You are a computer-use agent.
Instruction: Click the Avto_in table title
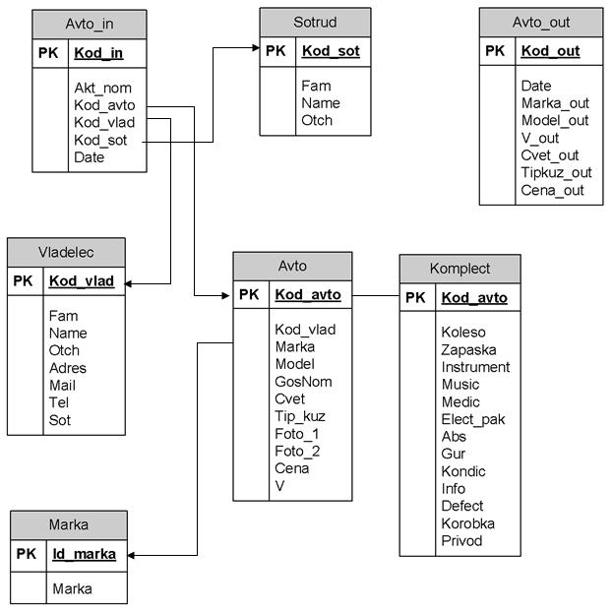[90, 23]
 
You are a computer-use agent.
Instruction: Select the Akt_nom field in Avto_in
[102, 88]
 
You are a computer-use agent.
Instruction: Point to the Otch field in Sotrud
[317, 121]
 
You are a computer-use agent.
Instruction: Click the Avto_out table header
[541, 22]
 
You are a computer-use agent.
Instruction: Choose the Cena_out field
[552, 190]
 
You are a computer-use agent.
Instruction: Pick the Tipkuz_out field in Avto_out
[556, 172]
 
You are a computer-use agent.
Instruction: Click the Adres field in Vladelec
[67, 368]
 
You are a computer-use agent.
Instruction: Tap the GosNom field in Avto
[303, 382]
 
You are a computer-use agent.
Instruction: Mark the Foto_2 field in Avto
[297, 452]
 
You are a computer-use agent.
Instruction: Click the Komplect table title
[460, 268]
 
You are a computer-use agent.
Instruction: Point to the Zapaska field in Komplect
[468, 349]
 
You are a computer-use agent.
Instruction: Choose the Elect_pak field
[472, 419]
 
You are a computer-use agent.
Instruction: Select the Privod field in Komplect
[462, 540]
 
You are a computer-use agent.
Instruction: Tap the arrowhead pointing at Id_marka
[132, 555]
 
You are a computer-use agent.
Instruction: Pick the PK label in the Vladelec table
[23, 281]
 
